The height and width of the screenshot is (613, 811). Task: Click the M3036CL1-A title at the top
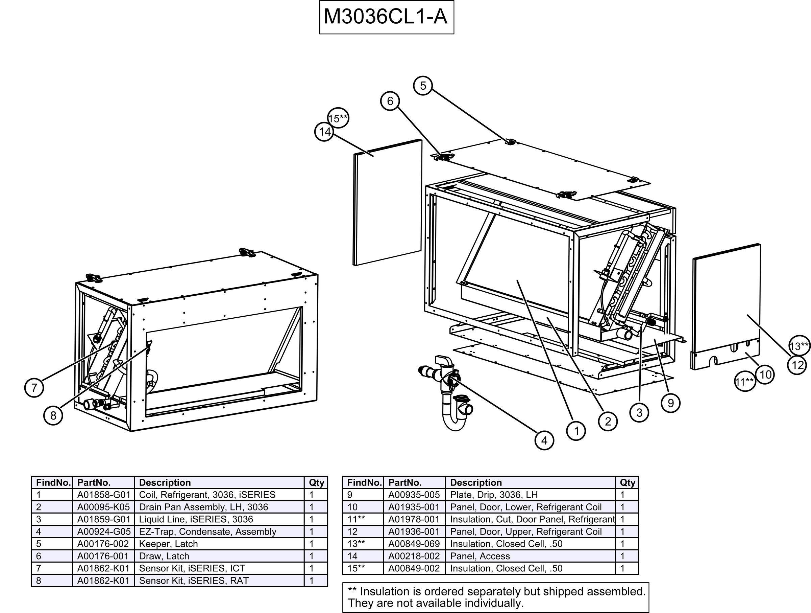(386, 17)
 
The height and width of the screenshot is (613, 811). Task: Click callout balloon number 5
(423, 86)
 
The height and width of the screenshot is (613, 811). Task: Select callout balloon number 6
(390, 101)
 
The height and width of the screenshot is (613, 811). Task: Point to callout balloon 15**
(338, 118)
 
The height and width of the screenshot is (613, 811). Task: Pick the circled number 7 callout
(34, 388)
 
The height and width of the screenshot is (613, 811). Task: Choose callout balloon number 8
(53, 415)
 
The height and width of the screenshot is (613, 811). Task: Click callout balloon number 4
(544, 440)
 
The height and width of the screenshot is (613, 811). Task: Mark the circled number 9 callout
(670, 403)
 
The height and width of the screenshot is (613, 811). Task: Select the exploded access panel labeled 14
(387, 202)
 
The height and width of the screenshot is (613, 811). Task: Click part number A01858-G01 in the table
(104, 495)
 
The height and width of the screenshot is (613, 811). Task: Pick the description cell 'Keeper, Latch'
(168, 544)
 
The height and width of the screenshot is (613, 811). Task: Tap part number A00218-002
(414, 556)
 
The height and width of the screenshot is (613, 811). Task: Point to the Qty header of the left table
(316, 483)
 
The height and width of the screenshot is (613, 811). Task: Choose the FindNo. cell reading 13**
(356, 544)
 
